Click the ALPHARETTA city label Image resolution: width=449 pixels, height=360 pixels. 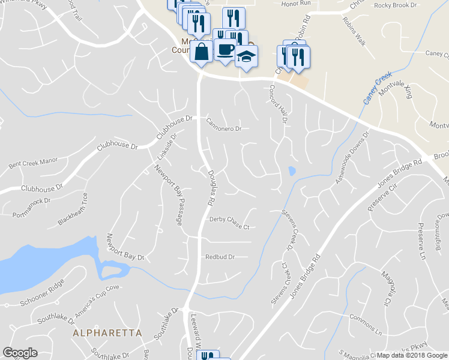click(107, 332)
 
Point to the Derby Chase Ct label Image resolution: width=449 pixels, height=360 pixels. click(229, 223)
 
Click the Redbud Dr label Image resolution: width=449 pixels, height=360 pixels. click(219, 257)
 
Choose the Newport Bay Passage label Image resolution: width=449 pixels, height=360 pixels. click(169, 194)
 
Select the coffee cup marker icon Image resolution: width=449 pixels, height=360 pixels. click(225, 50)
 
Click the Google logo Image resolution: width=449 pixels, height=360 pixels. click(20, 353)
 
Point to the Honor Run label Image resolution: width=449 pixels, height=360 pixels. click(296, 3)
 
